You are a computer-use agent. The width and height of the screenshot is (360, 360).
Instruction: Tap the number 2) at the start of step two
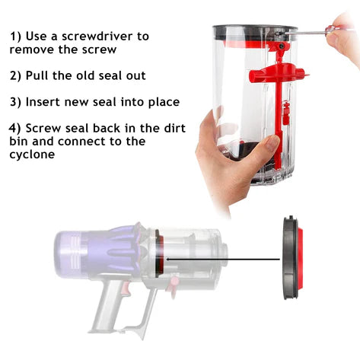pyautogui.click(x=16, y=76)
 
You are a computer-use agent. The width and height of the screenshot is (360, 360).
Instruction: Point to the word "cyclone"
pyautogui.click(x=32, y=155)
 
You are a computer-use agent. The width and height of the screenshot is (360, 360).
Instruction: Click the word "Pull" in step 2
pyautogui.click(x=37, y=75)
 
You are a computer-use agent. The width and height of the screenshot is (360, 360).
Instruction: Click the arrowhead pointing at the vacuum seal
pyautogui.click(x=168, y=260)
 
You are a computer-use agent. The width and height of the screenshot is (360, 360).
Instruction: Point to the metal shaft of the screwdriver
pyautogui.click(x=306, y=33)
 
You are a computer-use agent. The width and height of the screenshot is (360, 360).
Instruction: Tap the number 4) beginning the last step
pyautogui.click(x=15, y=129)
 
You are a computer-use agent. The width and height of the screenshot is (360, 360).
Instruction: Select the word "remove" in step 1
pyautogui.click(x=32, y=49)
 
